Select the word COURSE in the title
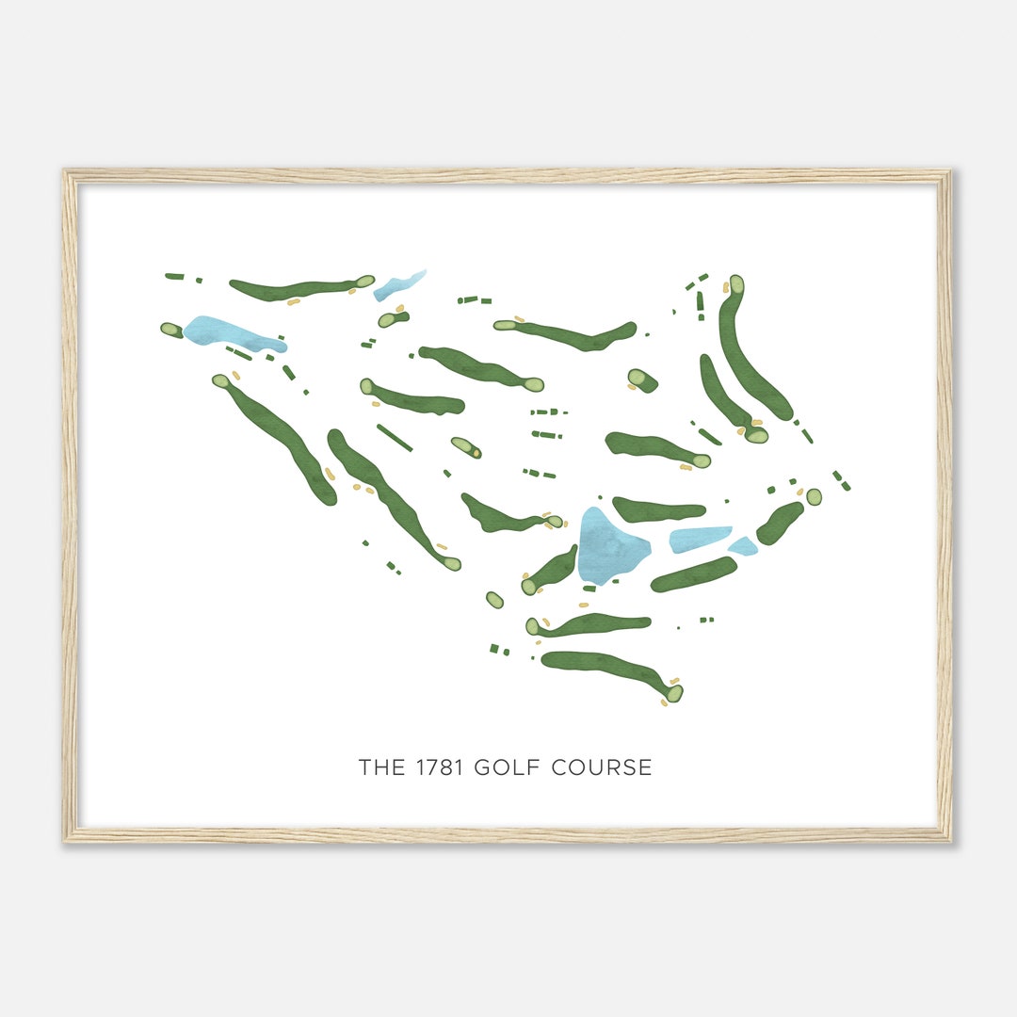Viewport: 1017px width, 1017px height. click(x=607, y=767)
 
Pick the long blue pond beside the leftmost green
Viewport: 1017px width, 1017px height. click(x=231, y=333)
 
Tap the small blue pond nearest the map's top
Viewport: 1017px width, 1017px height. click(x=399, y=285)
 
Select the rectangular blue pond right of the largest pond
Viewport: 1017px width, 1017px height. click(x=700, y=539)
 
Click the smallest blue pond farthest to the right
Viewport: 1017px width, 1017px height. click(x=743, y=546)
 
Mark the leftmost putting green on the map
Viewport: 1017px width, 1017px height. click(x=171, y=330)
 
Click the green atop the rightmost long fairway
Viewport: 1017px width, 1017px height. click(x=736, y=284)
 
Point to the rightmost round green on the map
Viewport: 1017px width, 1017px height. click(x=814, y=496)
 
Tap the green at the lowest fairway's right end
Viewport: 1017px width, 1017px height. click(x=674, y=693)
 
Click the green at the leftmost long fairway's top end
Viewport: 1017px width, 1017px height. click(x=220, y=381)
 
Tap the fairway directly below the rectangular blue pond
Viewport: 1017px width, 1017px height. click(x=694, y=574)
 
